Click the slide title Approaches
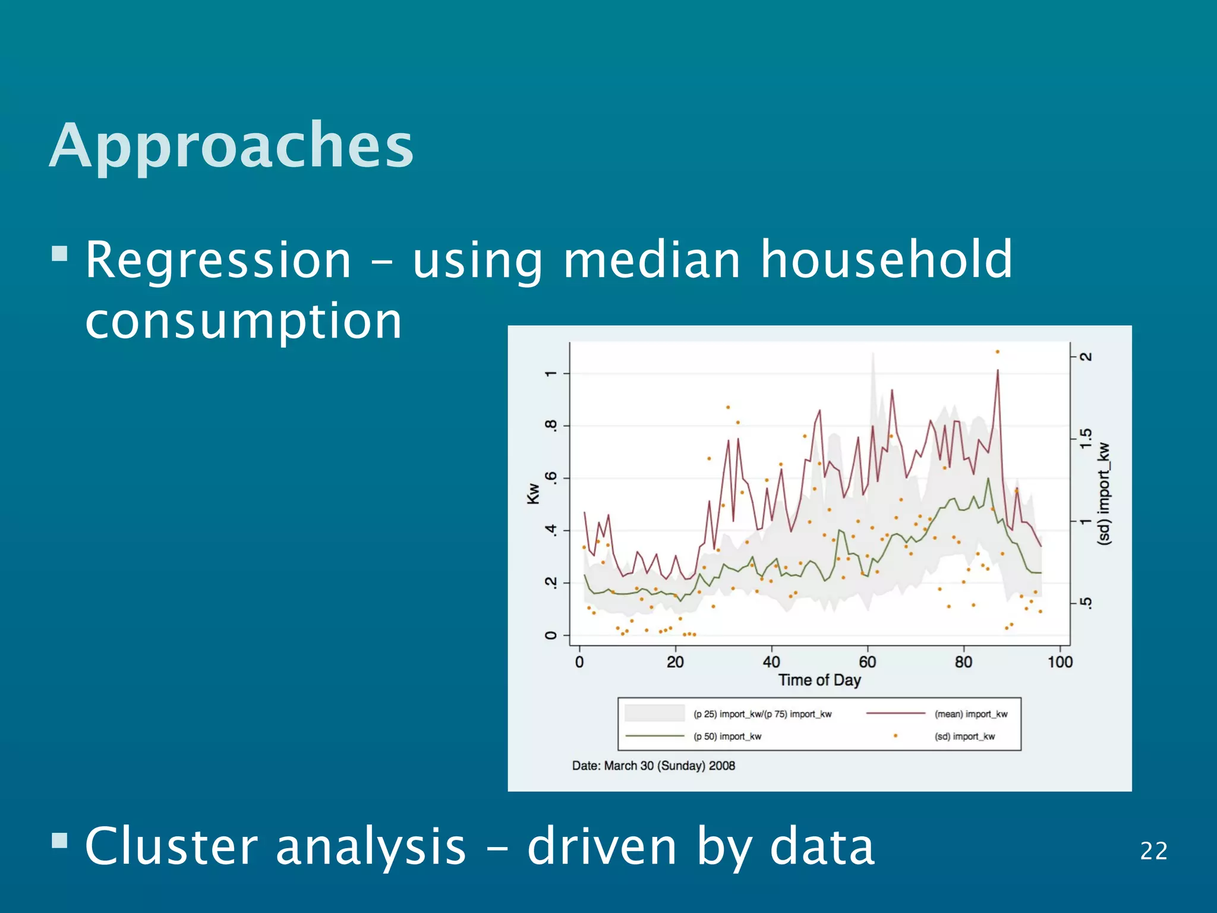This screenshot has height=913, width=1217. point(231,146)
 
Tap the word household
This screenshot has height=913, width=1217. point(887,260)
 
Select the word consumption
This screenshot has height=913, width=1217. point(244,321)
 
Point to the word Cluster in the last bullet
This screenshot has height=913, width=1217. point(172,846)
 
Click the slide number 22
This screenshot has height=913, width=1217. point(1153,851)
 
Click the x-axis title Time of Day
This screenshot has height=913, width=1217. point(819,680)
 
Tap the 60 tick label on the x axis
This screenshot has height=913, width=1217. point(867,662)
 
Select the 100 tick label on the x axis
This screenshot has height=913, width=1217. point(1060,662)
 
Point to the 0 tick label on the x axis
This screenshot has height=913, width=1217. point(579,662)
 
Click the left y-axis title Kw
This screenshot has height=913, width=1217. point(533,494)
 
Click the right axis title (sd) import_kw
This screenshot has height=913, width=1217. point(1104,494)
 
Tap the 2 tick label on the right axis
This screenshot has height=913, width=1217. point(1086,357)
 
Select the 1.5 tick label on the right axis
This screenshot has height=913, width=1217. point(1086,439)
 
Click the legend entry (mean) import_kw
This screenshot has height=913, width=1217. point(971,714)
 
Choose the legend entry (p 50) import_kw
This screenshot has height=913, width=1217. point(727,736)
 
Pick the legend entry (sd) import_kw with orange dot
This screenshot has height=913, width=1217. point(964,736)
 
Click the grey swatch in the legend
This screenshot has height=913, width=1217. point(654,713)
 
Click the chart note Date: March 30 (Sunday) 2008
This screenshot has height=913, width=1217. point(653,766)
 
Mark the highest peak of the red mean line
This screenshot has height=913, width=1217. point(997,371)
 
